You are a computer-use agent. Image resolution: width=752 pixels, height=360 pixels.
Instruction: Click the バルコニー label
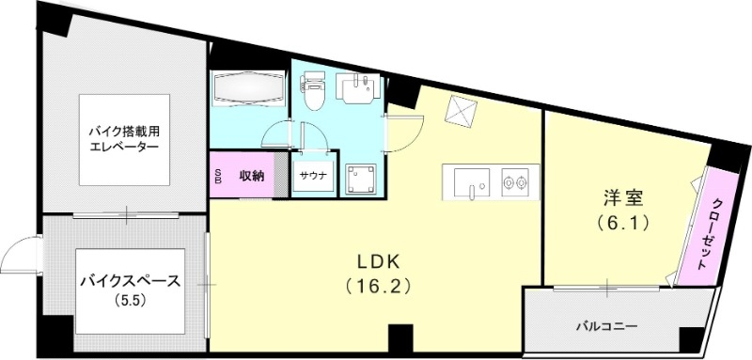pyautogui.click(x=606, y=326)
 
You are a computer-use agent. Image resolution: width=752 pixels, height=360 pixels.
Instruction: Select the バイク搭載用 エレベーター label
pyautogui.click(x=124, y=141)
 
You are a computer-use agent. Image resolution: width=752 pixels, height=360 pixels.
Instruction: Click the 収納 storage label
pyautogui.click(x=251, y=175)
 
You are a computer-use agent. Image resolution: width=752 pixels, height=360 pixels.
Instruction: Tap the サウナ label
pyautogui.click(x=313, y=176)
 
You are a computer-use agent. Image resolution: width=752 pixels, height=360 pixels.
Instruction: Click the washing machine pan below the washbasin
pyautogui.click(x=360, y=177)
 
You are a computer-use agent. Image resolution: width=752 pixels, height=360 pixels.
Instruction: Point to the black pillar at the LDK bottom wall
pyautogui.click(x=400, y=335)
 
